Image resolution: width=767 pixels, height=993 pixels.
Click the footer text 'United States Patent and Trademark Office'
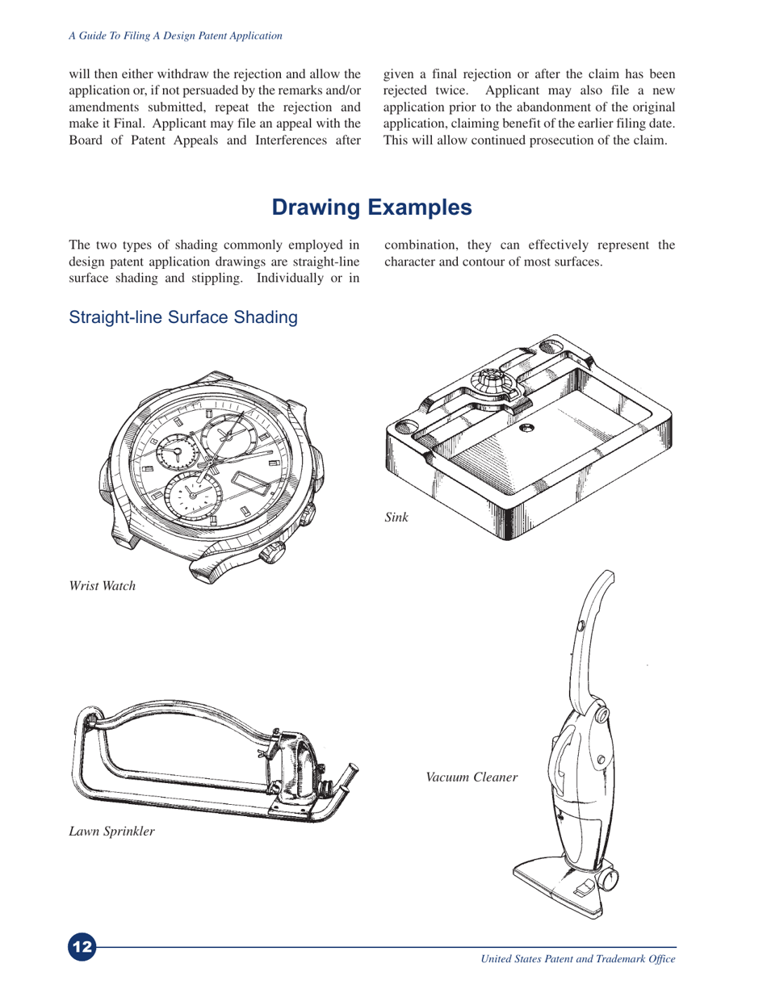tap(577, 959)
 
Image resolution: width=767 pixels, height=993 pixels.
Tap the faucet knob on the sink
tap(490, 379)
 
